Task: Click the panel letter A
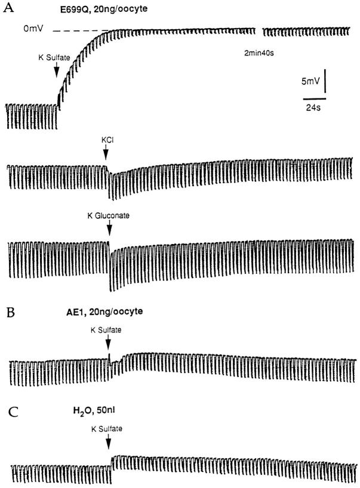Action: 8,8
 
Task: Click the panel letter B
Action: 11,313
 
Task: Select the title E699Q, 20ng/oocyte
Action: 104,9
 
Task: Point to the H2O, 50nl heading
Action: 94,411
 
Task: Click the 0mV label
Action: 33,29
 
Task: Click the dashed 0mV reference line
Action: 82,31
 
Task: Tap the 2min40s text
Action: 259,53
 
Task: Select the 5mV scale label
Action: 310,82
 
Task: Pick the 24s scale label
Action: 313,108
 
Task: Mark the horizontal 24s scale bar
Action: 315,99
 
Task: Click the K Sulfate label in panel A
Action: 54,58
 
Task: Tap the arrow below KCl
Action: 106,153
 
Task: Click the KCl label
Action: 107,140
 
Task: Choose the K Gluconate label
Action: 109,215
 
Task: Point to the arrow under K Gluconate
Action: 109,228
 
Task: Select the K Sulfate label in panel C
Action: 106,429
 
